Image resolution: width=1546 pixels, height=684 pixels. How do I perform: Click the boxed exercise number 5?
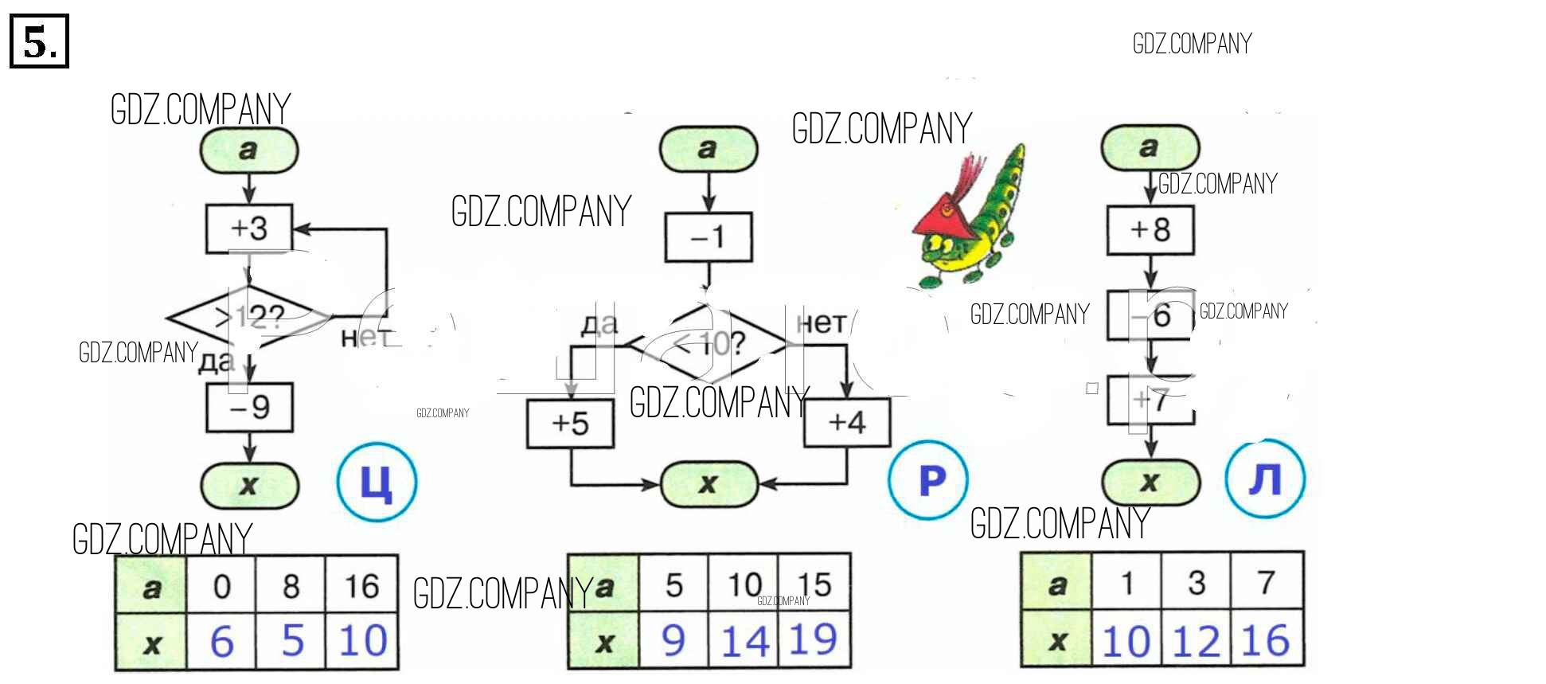pyautogui.click(x=39, y=41)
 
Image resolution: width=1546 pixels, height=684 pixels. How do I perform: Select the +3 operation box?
pyautogui.click(x=249, y=229)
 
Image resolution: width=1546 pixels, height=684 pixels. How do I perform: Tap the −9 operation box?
pyautogui.click(x=249, y=408)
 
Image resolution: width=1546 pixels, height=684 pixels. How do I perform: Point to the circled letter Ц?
pyautogui.click(x=377, y=482)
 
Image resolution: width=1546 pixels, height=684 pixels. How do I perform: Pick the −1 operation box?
pyautogui.click(x=709, y=237)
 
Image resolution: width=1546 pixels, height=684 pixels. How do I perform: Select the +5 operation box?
pyautogui.click(x=570, y=424)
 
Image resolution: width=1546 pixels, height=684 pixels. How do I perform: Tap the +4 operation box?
pyautogui.click(x=847, y=423)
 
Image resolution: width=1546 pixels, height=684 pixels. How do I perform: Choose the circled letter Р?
pyautogui.click(x=928, y=480)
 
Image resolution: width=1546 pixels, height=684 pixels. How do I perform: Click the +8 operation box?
pyautogui.click(x=1150, y=231)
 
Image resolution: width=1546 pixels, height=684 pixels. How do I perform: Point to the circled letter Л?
pyautogui.click(x=1265, y=479)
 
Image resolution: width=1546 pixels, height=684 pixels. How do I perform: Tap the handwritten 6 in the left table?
pyautogui.click(x=221, y=641)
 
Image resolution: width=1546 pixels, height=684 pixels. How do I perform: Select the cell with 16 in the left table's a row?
pyautogui.click(x=361, y=586)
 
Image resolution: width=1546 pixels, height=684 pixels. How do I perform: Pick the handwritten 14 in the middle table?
pyautogui.click(x=744, y=641)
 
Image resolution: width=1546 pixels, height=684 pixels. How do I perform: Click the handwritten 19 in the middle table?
pyautogui.click(x=813, y=639)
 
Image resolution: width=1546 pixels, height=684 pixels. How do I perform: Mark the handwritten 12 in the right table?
pyautogui.click(x=1197, y=641)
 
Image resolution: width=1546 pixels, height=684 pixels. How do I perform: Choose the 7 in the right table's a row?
pyautogui.click(x=1266, y=583)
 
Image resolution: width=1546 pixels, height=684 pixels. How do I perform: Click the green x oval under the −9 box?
pyautogui.click(x=249, y=484)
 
